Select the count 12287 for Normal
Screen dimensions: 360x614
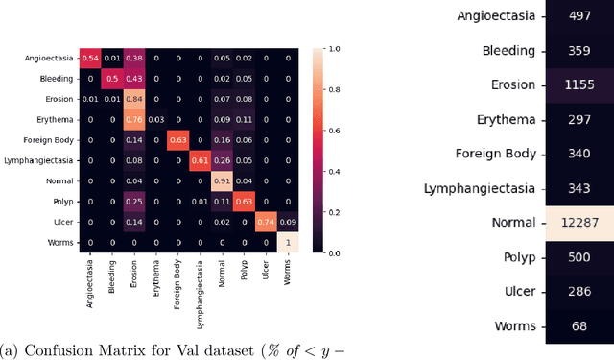pos(579,223)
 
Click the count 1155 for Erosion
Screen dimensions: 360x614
pos(579,84)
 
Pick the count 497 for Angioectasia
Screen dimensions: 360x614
pos(579,16)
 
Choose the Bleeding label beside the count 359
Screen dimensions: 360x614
pos(497,51)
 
